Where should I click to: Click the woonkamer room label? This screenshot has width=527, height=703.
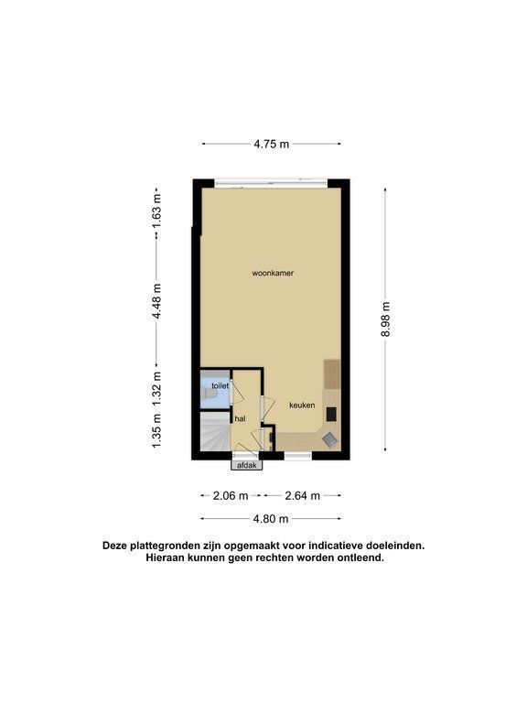[273, 273]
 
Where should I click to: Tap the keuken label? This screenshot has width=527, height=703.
[302, 405]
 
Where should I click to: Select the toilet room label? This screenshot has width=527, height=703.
[220, 385]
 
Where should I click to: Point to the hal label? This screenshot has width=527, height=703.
[240, 419]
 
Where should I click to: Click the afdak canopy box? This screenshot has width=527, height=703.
[246, 465]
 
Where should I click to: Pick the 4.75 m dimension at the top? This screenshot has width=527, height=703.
[272, 144]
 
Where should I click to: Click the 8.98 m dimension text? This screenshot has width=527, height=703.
[386, 319]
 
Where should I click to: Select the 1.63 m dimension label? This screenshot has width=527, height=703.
[156, 211]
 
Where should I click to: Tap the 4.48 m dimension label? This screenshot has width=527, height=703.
[156, 301]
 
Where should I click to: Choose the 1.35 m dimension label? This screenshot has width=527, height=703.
[156, 430]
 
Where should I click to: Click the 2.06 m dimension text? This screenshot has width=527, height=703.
[231, 495]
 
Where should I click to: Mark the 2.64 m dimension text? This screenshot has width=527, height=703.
[303, 495]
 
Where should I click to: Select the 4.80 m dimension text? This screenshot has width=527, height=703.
[271, 519]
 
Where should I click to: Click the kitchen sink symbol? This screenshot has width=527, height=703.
[329, 439]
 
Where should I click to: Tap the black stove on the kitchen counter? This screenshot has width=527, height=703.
[331, 414]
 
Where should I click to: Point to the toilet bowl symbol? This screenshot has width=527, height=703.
[210, 394]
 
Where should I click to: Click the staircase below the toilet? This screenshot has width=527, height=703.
[215, 431]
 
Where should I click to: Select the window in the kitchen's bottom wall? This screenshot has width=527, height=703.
[298, 456]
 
